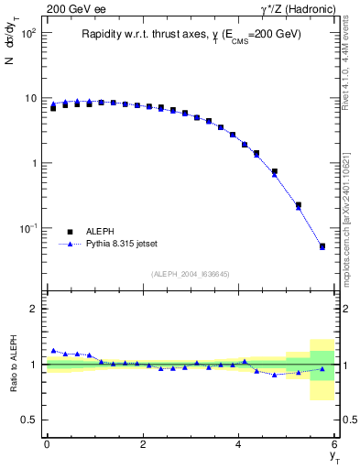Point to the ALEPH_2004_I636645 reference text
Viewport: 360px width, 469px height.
pyautogui.click(x=191, y=273)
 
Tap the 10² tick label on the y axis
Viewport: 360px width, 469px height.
pyautogui.click(x=27, y=33)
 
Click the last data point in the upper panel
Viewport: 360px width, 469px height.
pyautogui.click(x=322, y=245)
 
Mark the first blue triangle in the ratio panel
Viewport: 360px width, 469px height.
pyautogui.click(x=53, y=351)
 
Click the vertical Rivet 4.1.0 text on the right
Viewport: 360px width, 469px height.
pyautogui.click(x=350, y=69)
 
